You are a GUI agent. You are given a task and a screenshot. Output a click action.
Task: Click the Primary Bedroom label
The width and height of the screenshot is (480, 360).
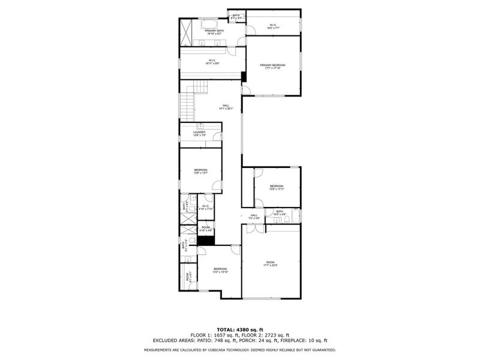(272, 66)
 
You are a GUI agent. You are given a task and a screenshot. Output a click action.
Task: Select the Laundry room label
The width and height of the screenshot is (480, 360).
(200, 133)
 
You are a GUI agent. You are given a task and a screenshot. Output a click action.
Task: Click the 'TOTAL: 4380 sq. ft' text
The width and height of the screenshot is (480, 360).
(239, 329)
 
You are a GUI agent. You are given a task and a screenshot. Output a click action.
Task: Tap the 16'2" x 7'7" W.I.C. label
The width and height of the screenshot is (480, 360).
(272, 26)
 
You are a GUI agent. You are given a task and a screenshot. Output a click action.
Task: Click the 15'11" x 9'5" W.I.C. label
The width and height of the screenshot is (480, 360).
(212, 61)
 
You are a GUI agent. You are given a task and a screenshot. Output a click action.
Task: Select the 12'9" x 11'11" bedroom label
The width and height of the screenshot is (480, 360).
(276, 187)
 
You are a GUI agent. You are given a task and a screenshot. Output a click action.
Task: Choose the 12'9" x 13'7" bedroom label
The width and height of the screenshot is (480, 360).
(200, 172)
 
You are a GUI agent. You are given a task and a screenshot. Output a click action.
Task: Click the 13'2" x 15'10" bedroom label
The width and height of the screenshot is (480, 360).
(220, 270)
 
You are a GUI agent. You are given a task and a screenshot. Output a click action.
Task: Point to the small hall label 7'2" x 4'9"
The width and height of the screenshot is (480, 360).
(254, 217)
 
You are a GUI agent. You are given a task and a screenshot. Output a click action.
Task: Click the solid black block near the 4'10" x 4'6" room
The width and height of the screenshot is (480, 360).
(206, 241)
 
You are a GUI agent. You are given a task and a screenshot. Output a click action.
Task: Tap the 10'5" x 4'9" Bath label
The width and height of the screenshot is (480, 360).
(280, 212)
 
